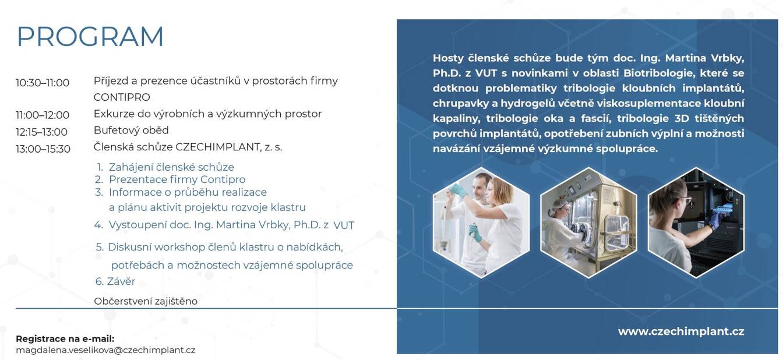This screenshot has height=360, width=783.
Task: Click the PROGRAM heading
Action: pyautogui.click(x=90, y=36)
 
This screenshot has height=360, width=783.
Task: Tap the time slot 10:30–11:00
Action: pyautogui.click(x=43, y=83)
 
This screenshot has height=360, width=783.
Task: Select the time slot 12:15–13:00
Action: pyautogui.click(x=41, y=132)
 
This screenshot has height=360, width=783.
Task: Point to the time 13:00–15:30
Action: pyautogui.click(x=43, y=149)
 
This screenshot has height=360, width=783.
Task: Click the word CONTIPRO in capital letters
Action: pyautogui.click(x=122, y=97)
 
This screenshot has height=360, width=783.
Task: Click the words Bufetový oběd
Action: pyautogui.click(x=131, y=130)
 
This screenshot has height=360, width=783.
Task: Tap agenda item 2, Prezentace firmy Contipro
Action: pyautogui.click(x=170, y=179)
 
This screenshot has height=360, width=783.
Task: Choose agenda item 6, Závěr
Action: pyautogui.click(x=115, y=281)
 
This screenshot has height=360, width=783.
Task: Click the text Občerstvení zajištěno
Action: pyautogui.click(x=146, y=301)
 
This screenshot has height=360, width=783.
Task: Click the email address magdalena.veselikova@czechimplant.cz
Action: pyautogui.click(x=105, y=350)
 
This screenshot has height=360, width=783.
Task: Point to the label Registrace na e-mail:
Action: pyautogui.click(x=65, y=338)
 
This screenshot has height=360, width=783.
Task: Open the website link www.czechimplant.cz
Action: pyautogui.click(x=681, y=331)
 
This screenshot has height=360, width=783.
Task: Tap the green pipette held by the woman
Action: pyautogui.click(x=476, y=232)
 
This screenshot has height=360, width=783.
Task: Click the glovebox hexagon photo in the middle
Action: pyautogui.click(x=588, y=223)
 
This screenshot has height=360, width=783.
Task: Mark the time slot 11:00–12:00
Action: pyautogui.click(x=43, y=115)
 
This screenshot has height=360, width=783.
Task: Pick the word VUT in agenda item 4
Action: pyautogui.click(x=344, y=225)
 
